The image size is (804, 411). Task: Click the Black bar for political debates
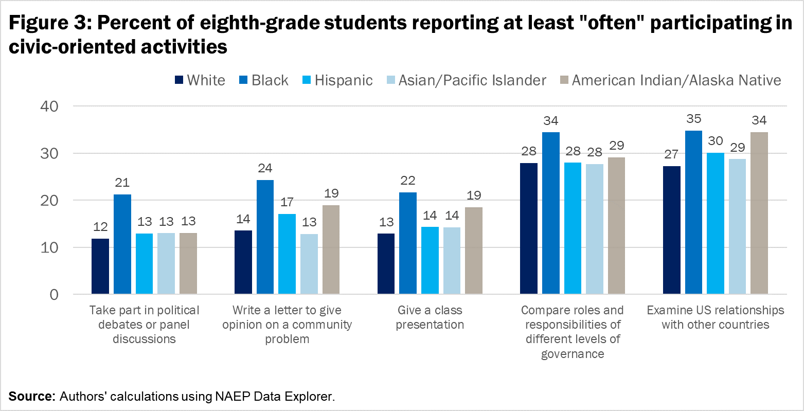pos(122,244)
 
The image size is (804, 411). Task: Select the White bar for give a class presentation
pos(386,264)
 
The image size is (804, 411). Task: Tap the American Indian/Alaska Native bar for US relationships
pos(759,213)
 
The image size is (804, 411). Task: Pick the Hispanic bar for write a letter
pos(287,254)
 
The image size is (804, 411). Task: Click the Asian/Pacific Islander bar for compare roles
pos(594,229)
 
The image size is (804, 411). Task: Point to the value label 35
pos(693,119)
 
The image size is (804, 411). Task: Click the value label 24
pos(265,168)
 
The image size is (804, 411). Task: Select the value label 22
pos(408,181)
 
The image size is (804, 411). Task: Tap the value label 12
pos(100,227)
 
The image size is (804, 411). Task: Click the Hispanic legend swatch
pos(307,80)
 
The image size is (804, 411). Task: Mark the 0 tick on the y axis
pos(54,295)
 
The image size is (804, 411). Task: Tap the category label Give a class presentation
pos(430,317)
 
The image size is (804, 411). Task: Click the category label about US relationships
pos(715,317)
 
